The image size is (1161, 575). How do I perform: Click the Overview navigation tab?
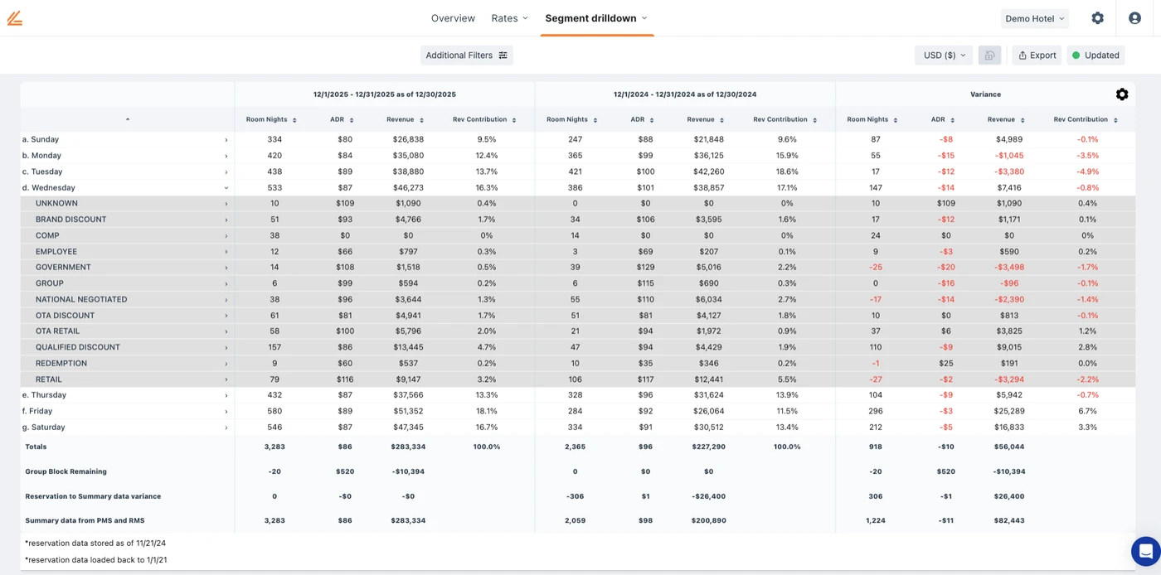[x=453, y=18]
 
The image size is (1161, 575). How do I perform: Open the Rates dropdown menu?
[x=509, y=18]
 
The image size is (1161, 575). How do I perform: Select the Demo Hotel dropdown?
[x=1034, y=18]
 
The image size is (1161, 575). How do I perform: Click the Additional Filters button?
[x=466, y=56]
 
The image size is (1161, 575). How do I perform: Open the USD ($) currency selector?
[x=944, y=56]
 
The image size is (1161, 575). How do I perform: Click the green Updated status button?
[x=1095, y=56]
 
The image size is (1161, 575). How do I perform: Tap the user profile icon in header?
[x=1134, y=18]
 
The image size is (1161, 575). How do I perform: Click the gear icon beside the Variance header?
[x=1122, y=94]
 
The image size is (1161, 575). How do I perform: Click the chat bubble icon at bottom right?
[x=1145, y=550]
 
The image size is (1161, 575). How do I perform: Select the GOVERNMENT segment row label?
[x=63, y=268]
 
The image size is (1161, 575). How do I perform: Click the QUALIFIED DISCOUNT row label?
[x=78, y=347]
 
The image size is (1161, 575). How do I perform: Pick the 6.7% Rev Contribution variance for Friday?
[x=1087, y=411]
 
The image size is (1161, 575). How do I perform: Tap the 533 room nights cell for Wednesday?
[x=274, y=188]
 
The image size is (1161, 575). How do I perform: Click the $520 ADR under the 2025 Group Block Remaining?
[x=337, y=471]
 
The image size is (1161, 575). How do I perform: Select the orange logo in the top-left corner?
[x=15, y=18]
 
